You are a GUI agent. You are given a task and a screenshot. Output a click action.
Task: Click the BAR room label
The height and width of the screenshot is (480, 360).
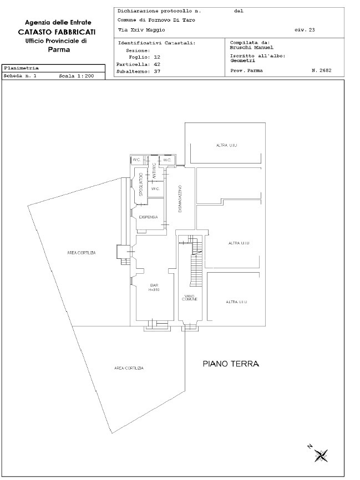coord(154,287)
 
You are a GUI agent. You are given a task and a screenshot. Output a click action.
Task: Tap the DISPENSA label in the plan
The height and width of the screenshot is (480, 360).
coord(149,217)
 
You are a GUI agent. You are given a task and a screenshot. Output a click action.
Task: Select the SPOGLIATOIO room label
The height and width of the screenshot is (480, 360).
coord(141,185)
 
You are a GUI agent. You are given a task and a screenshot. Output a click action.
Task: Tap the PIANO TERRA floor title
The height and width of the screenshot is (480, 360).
coord(231,364)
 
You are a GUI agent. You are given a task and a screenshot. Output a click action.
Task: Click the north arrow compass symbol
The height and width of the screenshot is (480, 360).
coord(320,454)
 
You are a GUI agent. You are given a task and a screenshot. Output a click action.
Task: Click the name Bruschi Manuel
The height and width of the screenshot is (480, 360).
coord(251,47)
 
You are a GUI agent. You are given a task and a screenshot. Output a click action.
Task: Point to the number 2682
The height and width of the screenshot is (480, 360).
coord(321,71)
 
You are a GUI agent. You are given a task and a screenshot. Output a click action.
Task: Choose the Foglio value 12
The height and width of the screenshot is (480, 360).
coord(156,57)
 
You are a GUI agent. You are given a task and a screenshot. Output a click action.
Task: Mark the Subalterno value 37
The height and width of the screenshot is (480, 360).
coord(156,72)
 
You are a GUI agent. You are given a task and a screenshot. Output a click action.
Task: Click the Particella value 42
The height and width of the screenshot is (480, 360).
coord(156,64)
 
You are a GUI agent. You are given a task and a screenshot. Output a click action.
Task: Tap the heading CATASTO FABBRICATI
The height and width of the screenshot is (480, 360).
coord(53,32)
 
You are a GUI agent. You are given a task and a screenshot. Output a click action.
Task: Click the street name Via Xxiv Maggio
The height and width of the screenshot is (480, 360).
coord(138,30)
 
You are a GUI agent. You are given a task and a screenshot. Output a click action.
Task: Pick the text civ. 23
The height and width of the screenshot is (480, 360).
coord(305,30)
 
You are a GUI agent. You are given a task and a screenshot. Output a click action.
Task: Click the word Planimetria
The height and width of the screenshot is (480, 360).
coord(21,68)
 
